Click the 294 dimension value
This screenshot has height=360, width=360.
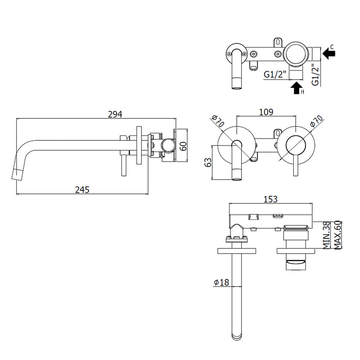coord(115,114)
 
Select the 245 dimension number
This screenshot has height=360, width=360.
coord(82,190)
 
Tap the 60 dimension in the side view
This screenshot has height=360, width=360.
coord(183,146)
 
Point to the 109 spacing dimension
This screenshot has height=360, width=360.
coord(266,112)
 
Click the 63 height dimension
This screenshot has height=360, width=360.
coord(208,162)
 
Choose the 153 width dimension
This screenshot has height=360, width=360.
coord(270,199)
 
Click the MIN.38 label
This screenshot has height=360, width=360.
coord(326,235)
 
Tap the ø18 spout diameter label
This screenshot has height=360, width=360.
coord(221,282)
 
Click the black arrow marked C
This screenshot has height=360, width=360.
coord(329,54)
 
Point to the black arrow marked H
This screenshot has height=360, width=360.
coord(297,88)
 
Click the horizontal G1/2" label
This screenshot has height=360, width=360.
coord(275,74)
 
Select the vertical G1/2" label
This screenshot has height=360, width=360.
coord(316,75)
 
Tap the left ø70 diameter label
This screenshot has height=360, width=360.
coord(218,121)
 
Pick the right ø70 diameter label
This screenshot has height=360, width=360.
coord(316,121)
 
